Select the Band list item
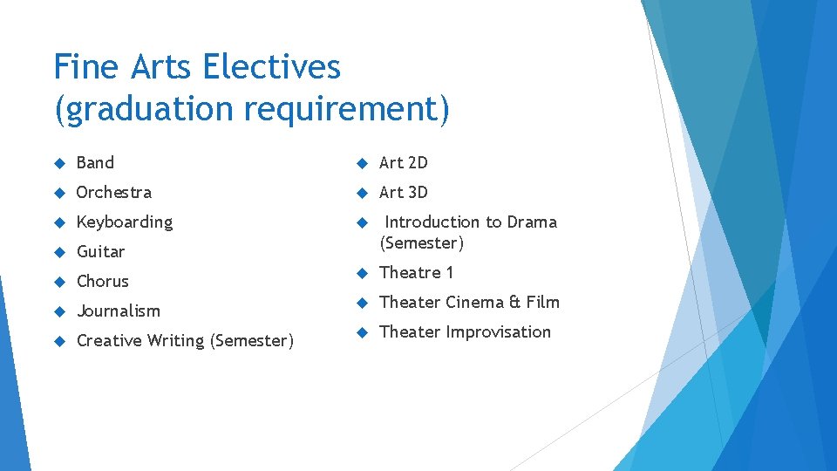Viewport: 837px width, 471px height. [x=95, y=162]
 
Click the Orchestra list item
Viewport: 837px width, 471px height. [x=114, y=192]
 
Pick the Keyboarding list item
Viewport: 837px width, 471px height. [x=125, y=222]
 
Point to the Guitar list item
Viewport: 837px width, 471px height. [x=101, y=252]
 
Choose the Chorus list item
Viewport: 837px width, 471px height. [x=103, y=282]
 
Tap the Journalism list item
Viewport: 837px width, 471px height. [x=119, y=311]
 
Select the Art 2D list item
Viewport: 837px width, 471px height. [x=404, y=162]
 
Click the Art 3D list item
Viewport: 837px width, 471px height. [x=404, y=192]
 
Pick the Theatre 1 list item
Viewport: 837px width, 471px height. [x=417, y=273]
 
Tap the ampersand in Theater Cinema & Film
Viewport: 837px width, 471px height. [x=514, y=303]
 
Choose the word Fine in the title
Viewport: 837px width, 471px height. [x=85, y=66]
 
